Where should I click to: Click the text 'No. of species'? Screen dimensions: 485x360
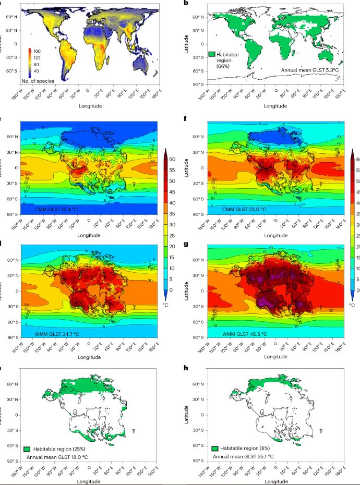(38, 81)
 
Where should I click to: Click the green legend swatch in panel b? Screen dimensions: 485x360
(212, 54)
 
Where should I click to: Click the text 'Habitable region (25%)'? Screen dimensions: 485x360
(59, 449)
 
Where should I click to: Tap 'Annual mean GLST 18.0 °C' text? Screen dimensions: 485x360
(57, 457)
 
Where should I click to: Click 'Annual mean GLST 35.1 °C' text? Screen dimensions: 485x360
(245, 457)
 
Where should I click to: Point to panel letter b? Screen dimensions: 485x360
(185, 4)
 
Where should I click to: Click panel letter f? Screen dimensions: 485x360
(185, 119)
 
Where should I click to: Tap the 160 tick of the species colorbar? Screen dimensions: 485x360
(38, 52)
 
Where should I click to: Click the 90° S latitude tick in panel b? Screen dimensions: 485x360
(197, 84)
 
